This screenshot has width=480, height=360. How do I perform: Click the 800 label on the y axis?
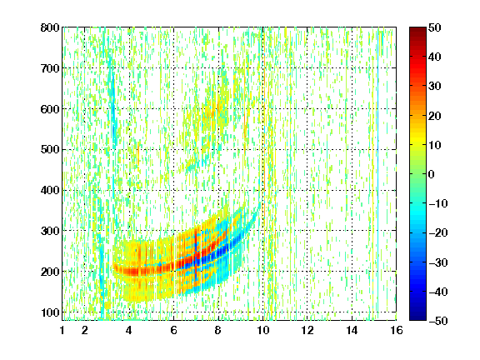coord(50,27)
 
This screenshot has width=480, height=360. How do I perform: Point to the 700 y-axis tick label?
coord(50,68)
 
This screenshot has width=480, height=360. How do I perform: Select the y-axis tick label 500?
coord(50,150)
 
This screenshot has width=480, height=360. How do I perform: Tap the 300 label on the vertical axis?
coord(50,231)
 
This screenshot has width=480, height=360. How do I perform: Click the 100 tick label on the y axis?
coord(50,312)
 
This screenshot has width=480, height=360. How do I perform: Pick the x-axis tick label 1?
coord(62,330)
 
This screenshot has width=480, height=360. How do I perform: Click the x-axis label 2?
coord(85,330)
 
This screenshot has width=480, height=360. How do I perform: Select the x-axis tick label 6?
coord(173,330)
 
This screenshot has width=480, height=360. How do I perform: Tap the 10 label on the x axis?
coord(263,330)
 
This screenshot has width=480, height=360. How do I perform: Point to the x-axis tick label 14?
coord(352,330)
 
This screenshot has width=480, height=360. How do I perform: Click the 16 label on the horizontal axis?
coord(397,330)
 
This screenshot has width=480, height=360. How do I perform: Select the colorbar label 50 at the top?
coord(435,27)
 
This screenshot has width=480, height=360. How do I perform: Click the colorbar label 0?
coord(432,174)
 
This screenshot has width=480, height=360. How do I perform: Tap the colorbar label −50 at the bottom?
coord(438,321)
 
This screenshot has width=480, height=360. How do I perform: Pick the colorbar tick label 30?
coord(435,86)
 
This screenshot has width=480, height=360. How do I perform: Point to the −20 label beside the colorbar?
coord(438,232)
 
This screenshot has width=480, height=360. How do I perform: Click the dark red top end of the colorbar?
coord(417,29)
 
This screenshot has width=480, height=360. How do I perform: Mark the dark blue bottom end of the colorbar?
coord(417,318)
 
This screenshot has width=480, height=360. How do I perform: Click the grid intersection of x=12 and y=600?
coord(307,109)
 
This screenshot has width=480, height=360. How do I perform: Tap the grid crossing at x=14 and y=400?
coord(352,190)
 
